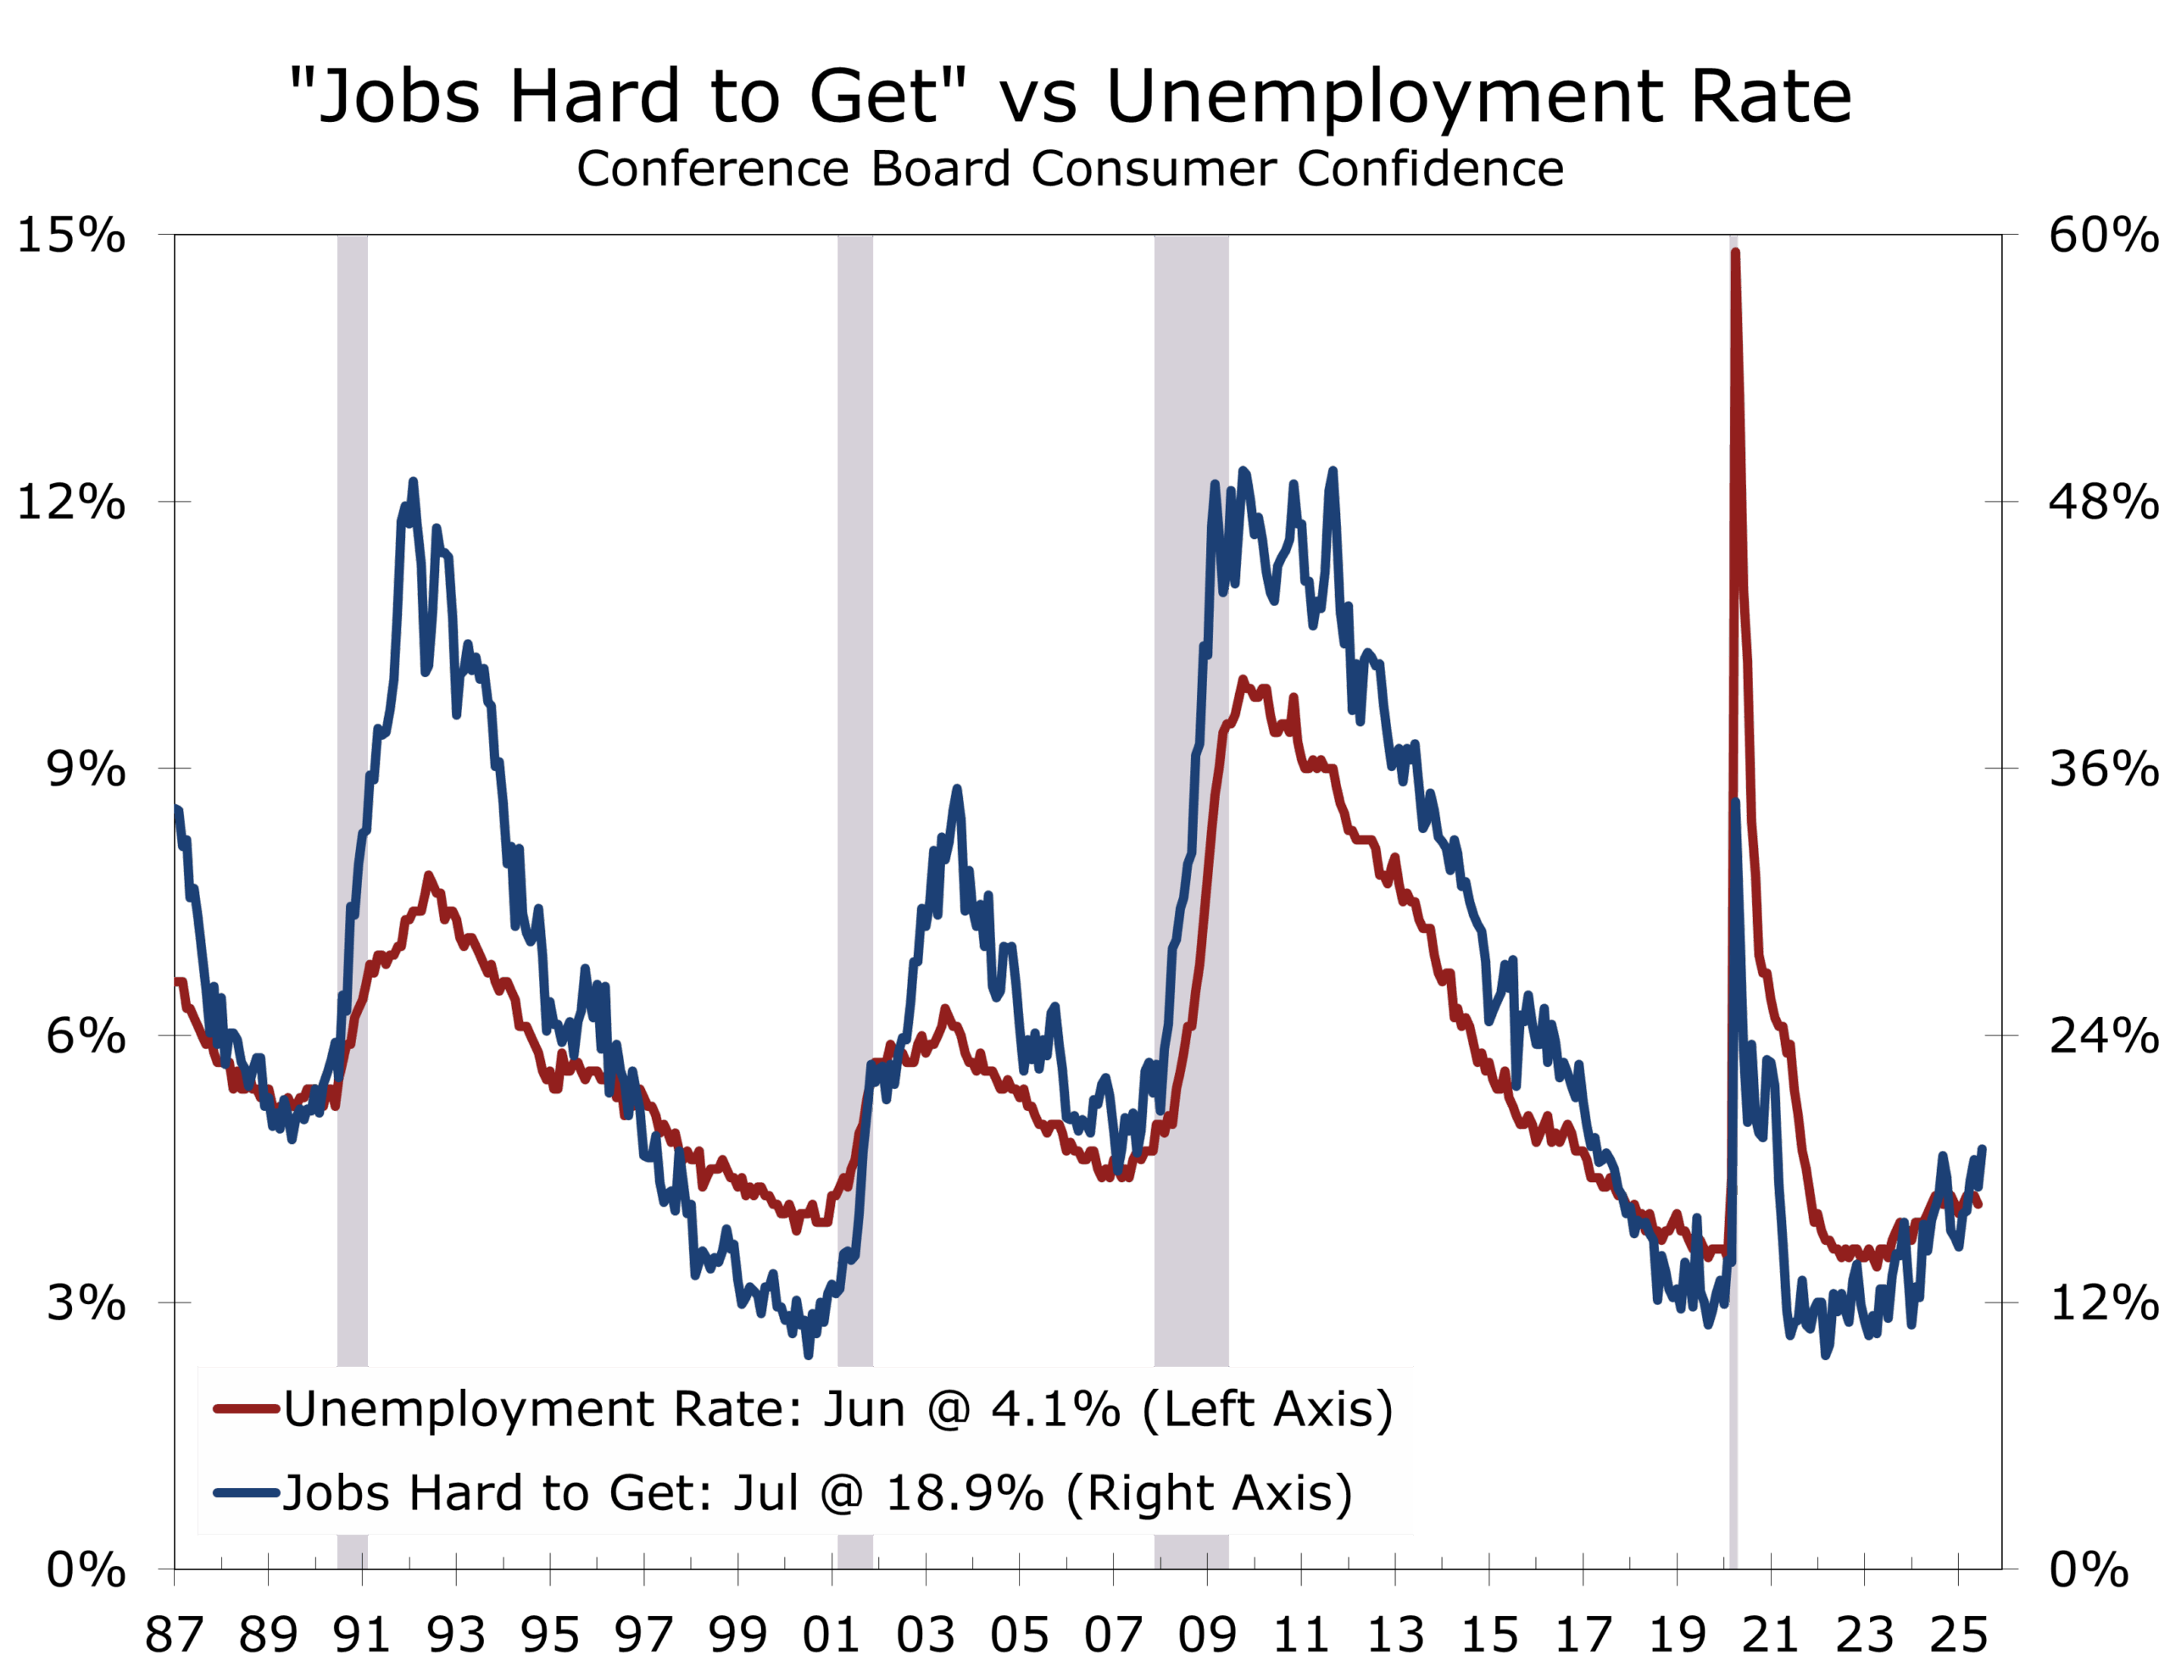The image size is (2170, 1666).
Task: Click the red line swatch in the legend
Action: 246,1409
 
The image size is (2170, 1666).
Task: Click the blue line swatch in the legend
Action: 246,1492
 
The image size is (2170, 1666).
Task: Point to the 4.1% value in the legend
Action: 1056,1409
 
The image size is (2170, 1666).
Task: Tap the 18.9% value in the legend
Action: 964,1492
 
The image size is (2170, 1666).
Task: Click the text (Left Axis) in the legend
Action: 1267,1409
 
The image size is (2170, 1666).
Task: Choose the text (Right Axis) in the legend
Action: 1209,1492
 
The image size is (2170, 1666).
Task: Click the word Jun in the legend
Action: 864,1409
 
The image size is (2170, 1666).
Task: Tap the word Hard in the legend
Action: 466,1492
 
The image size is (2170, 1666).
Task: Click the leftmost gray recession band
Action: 352,793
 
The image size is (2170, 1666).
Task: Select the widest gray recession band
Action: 1191,793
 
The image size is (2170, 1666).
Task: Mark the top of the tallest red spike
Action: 1734,252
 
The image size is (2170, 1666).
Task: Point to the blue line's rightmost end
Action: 1983,1148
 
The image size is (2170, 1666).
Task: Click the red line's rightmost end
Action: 1979,1206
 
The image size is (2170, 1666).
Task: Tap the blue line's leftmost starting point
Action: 177,808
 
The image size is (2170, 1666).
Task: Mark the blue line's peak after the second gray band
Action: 957,788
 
